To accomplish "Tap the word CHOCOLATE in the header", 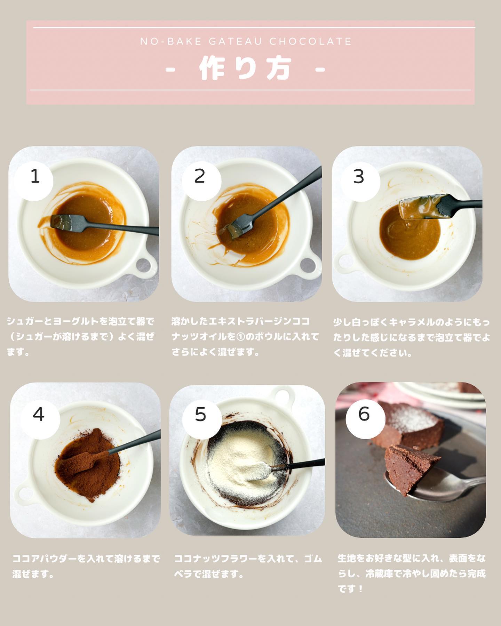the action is pos(311,41).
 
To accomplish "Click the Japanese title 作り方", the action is pos(245,69).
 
